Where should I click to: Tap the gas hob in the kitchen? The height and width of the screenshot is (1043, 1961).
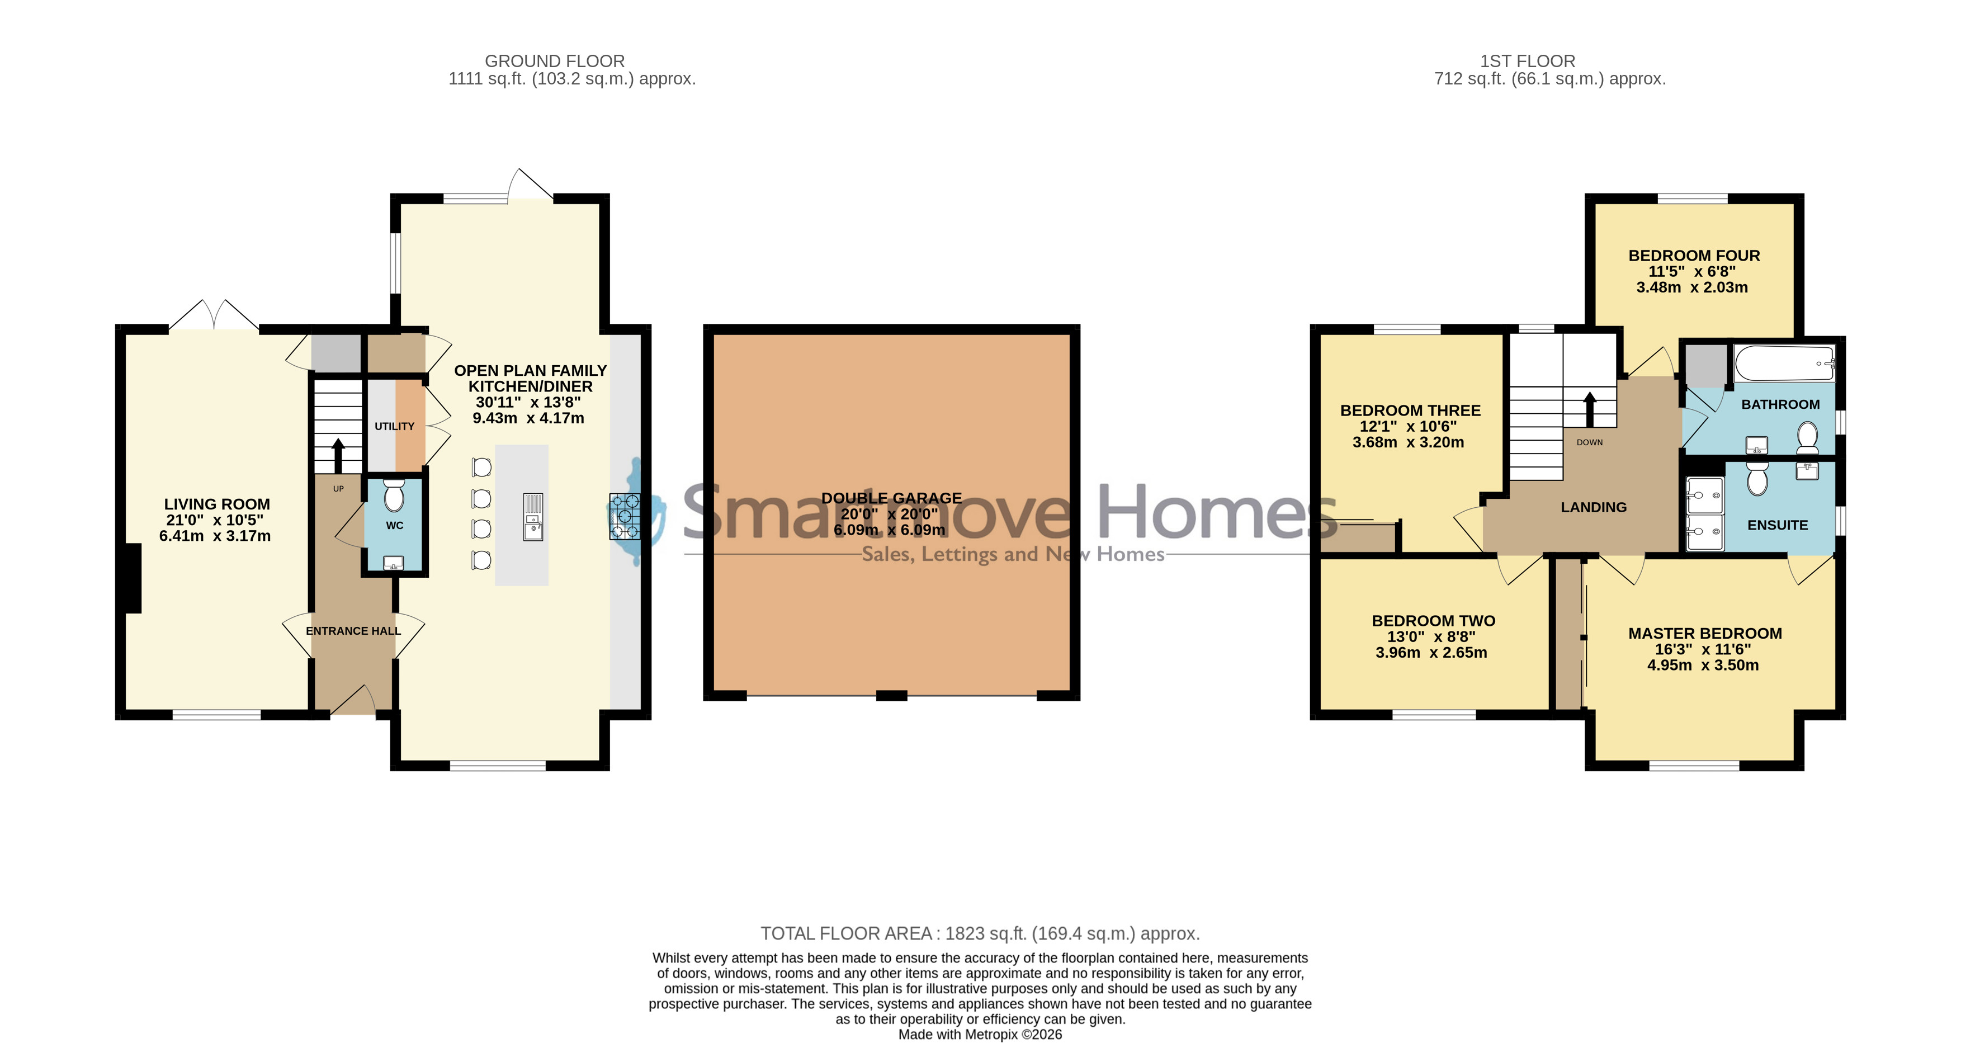pyautogui.click(x=624, y=516)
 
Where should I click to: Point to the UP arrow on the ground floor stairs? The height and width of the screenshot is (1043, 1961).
pyautogui.click(x=338, y=455)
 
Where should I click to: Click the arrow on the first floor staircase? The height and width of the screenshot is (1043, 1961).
pyautogui.click(x=1590, y=409)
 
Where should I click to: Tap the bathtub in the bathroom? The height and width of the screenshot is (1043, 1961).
pyautogui.click(x=1784, y=364)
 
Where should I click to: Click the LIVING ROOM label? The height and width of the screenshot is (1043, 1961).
pyautogui.click(x=217, y=504)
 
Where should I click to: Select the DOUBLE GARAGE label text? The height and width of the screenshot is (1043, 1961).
pyautogui.click(x=891, y=498)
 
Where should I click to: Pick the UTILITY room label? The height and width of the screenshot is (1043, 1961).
pyautogui.click(x=394, y=426)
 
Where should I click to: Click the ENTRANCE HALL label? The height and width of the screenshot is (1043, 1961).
pyautogui.click(x=353, y=631)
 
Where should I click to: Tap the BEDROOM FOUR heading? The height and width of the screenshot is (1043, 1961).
pyautogui.click(x=1694, y=256)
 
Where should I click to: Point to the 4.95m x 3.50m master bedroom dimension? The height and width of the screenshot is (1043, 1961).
pyautogui.click(x=1703, y=666)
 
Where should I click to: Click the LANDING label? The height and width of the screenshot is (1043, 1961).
pyautogui.click(x=1593, y=507)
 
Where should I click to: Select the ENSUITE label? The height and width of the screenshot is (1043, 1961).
pyautogui.click(x=1777, y=525)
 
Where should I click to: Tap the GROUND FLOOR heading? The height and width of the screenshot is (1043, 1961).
pyautogui.click(x=554, y=61)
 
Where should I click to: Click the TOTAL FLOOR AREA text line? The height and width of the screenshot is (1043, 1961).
pyautogui.click(x=980, y=933)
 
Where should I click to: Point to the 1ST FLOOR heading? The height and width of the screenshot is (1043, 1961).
pyautogui.click(x=1527, y=61)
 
